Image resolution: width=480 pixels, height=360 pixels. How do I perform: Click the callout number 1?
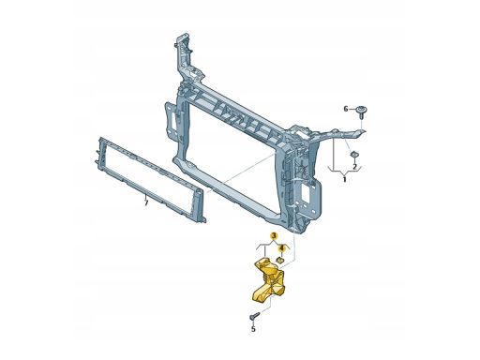pos(344,179)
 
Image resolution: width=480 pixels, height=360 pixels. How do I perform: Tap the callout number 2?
pos(354,167)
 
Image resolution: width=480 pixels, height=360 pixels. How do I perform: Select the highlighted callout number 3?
pos(274,236)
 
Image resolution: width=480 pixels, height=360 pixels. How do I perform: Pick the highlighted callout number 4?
pos(282,248)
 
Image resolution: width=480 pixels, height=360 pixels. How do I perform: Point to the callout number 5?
pos(253,329)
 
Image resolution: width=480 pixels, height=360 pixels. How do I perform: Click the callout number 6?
pos(346,109)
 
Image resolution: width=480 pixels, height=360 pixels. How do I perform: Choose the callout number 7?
pos(146,202)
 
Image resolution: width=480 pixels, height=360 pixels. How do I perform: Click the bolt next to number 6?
pos(362,112)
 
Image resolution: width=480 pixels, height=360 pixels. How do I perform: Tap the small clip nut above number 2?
pos(354,155)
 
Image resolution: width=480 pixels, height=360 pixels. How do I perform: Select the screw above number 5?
pos(254,316)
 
